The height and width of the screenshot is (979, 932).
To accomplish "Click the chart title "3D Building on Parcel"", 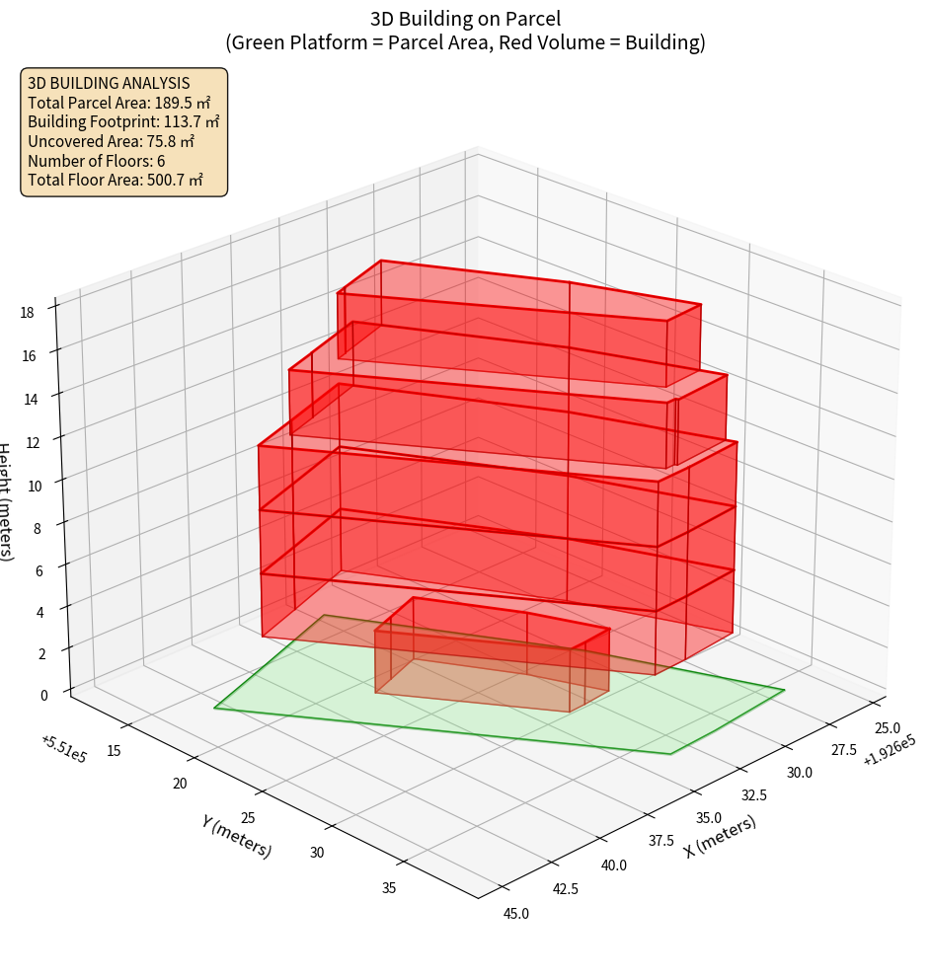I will (x=465, y=19).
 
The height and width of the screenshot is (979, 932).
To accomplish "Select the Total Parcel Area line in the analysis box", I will (x=118, y=103).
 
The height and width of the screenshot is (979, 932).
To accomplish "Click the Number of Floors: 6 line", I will (x=97, y=161).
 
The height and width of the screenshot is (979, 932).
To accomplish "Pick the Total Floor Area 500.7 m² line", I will (x=116, y=180).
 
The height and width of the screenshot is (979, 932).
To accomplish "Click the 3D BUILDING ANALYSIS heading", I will (x=109, y=84).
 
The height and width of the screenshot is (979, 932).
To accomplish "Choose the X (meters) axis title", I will (x=720, y=836).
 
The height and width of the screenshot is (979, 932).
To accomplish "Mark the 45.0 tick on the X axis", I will (x=516, y=914).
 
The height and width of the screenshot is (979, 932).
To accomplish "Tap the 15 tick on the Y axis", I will (x=114, y=751).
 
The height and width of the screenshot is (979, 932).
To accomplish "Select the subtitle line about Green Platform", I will (x=465, y=42).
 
